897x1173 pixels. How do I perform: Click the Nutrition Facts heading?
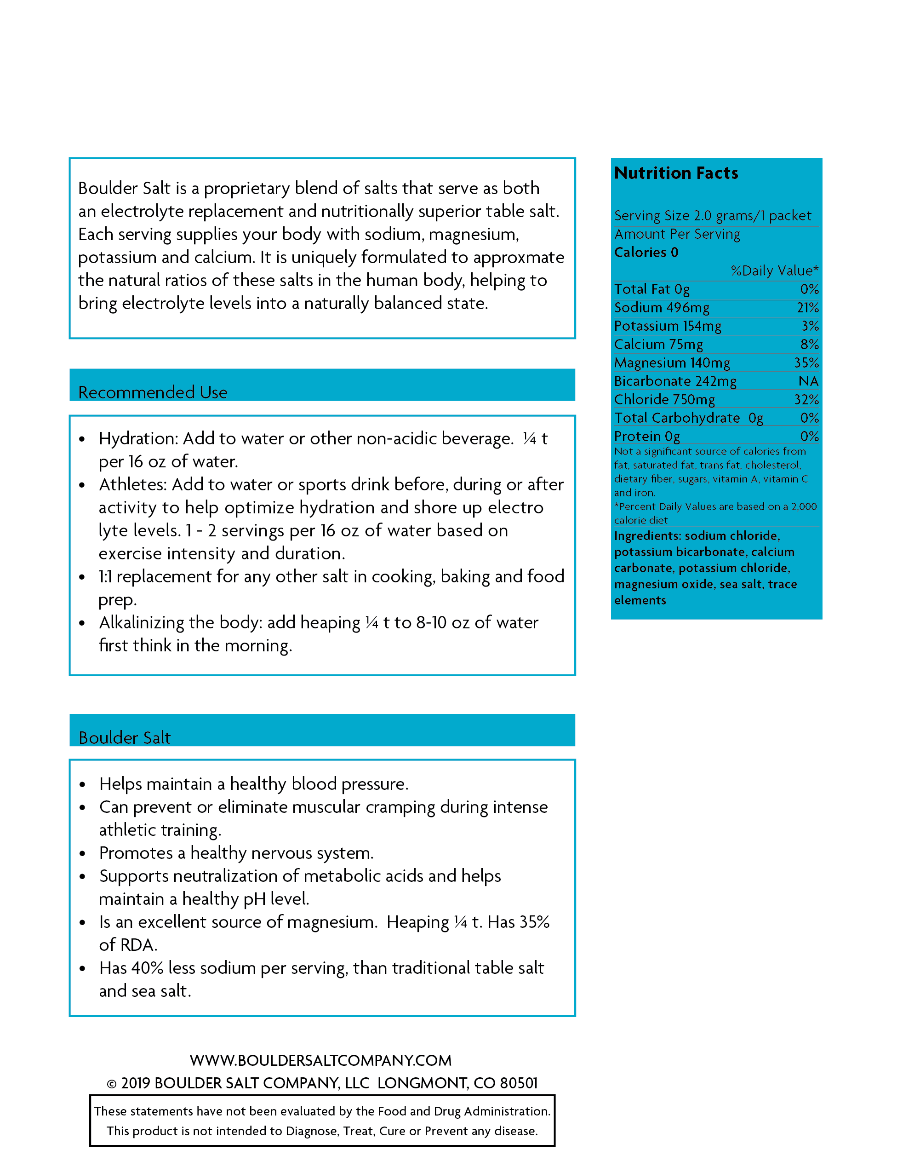pos(676,173)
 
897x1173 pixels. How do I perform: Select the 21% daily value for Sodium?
pos(807,308)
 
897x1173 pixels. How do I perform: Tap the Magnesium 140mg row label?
pos(672,362)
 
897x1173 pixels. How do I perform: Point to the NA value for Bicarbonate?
pos(808,381)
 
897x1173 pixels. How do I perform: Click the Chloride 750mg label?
pos(664,400)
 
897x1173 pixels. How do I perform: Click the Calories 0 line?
pos(646,252)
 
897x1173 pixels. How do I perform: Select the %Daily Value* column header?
pos(774,271)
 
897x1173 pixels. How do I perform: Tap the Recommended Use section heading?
pos(153,392)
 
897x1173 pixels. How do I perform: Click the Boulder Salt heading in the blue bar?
pos(125,738)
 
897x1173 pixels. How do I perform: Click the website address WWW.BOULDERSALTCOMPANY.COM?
pos(320,1060)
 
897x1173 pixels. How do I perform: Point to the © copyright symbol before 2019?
pos(112,1084)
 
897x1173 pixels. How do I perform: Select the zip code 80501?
pos(519,1083)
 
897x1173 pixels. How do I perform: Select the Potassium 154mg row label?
pos(668,326)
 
